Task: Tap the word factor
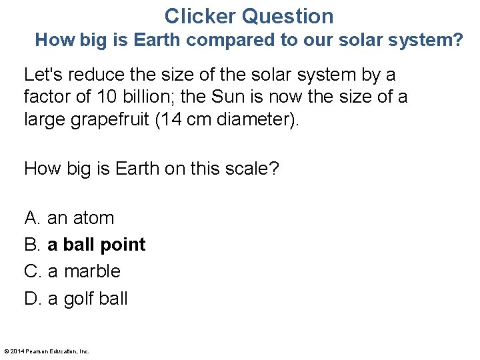(x=48, y=97)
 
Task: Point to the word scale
(x=247, y=169)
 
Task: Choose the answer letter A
(x=33, y=218)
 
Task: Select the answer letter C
(x=33, y=271)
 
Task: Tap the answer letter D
(x=33, y=298)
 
